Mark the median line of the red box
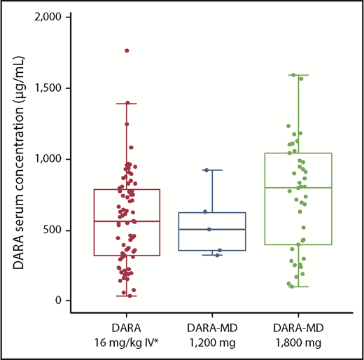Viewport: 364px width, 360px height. (x=127, y=221)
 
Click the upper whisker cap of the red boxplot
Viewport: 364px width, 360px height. (x=127, y=104)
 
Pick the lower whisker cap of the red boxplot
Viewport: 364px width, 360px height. (x=127, y=296)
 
